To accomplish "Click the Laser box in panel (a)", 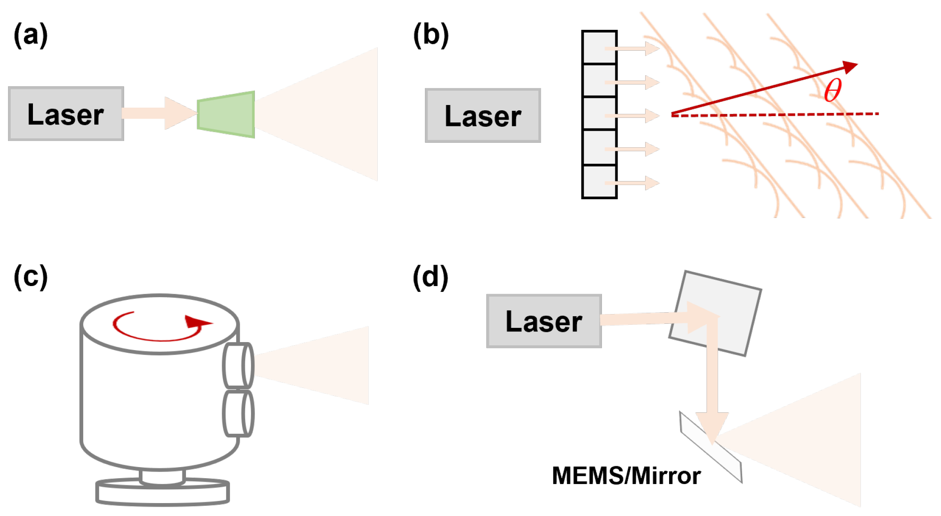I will click(66, 114).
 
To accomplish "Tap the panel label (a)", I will click(30, 36).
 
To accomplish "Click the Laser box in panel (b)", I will click(483, 116).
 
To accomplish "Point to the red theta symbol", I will click(832, 90).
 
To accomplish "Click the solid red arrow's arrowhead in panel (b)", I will click(850, 67).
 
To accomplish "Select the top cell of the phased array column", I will click(599, 48).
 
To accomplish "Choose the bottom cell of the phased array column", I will click(599, 181).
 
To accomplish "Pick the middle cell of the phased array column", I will click(599, 114).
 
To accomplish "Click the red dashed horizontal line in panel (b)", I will click(779, 115).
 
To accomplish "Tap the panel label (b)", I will click(430, 36).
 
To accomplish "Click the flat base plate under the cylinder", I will click(162, 494).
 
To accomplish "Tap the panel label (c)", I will click(30, 277).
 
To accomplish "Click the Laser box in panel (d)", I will click(544, 321).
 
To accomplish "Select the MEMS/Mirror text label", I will click(626, 476).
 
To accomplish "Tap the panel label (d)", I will click(430, 277).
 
